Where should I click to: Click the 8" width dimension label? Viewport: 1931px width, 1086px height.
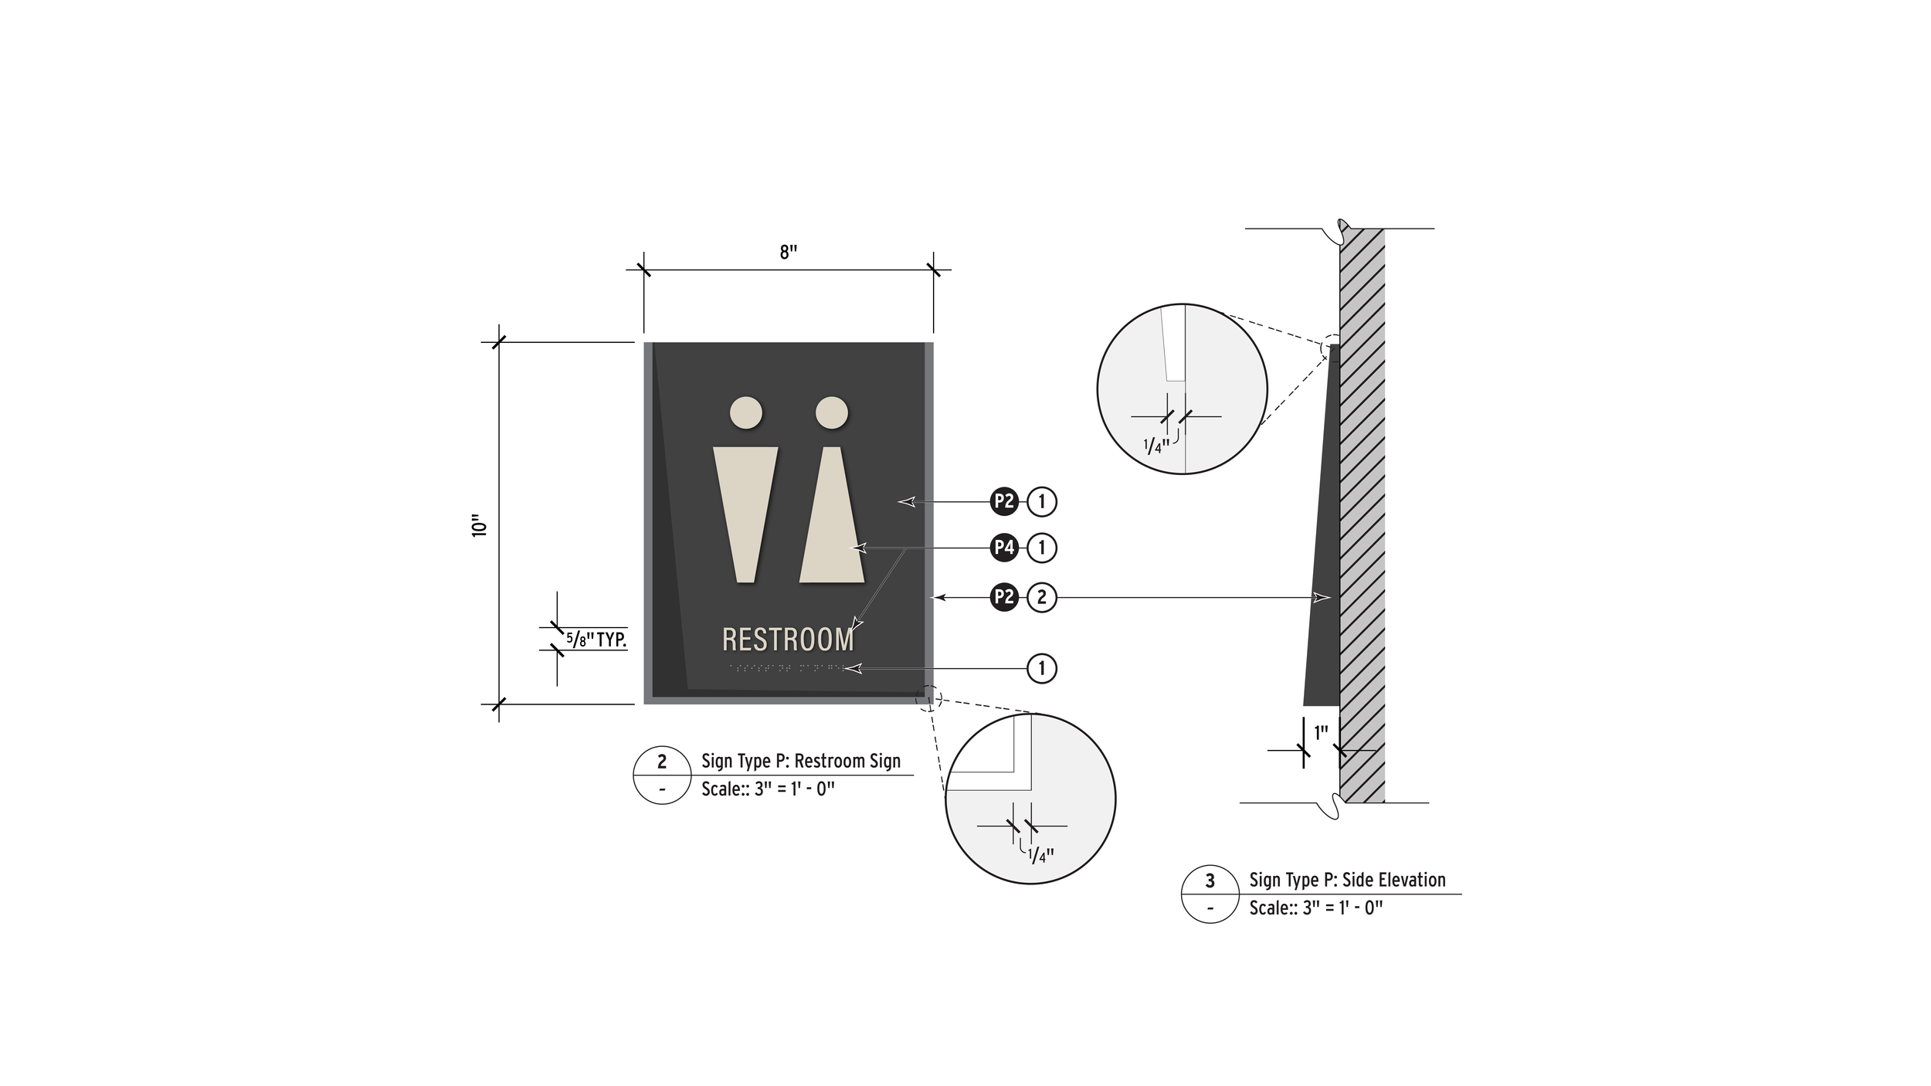pyautogui.click(x=788, y=253)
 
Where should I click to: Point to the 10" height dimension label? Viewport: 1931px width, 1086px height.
pyautogui.click(x=480, y=525)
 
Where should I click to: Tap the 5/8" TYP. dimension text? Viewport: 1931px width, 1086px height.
pyautogui.click(x=596, y=640)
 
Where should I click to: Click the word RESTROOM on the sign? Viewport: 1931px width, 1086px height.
pyautogui.click(x=788, y=640)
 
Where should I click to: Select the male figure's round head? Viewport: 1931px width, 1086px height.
pyautogui.click(x=746, y=412)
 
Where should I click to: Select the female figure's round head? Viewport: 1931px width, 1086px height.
pyautogui.click(x=832, y=412)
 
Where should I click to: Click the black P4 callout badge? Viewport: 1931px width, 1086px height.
pyautogui.click(x=1004, y=548)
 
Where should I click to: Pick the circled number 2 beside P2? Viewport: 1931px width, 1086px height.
pyautogui.click(x=1041, y=597)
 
